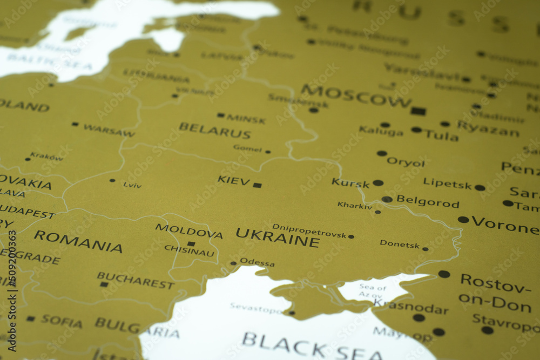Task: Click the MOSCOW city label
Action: pos(356,96)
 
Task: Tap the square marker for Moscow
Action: pos(417,111)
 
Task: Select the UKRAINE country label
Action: pos(278,237)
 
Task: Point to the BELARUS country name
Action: pos(215,131)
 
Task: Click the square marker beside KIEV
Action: pos(257,185)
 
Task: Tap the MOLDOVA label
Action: pos(189,231)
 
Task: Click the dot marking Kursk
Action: pos(378,183)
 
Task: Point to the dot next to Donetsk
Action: pos(426,249)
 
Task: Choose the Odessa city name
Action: pos(257,262)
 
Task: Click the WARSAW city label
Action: pos(109,130)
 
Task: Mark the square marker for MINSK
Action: pos(220,115)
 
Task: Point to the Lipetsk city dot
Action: pos(480,188)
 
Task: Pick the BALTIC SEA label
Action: pos(50,63)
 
